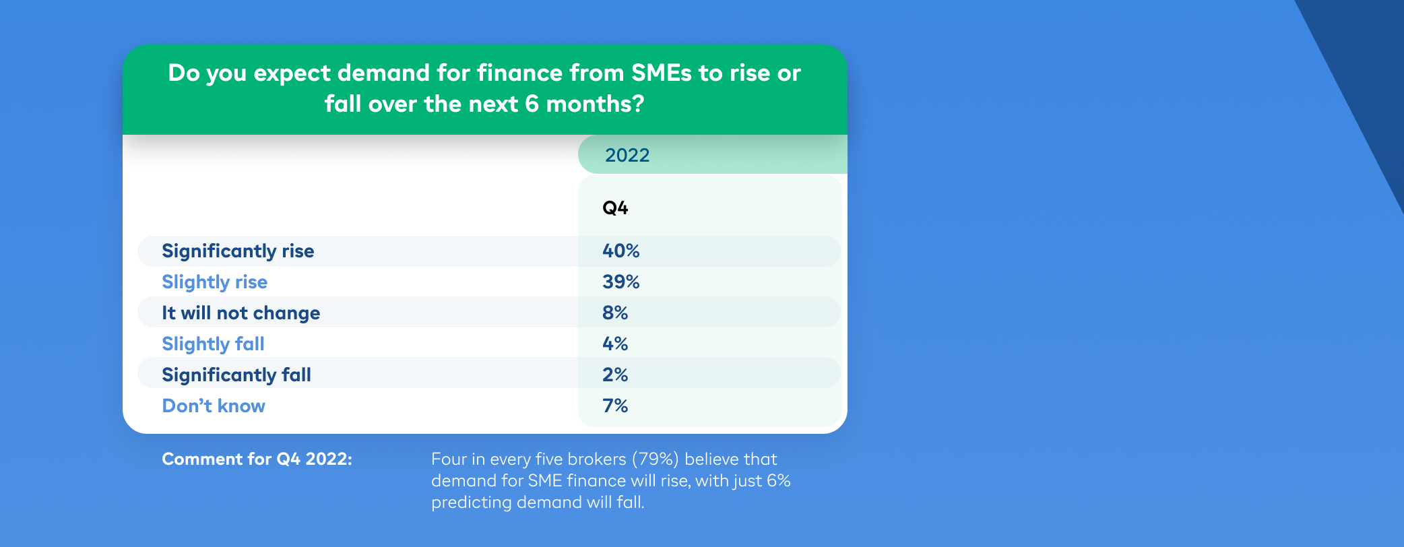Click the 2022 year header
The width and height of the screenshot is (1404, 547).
point(627,155)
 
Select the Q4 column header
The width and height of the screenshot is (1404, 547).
point(614,207)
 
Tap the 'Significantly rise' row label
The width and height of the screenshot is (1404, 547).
point(238,251)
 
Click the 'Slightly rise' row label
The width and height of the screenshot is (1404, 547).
point(214,282)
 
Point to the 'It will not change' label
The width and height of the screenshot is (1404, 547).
point(241,313)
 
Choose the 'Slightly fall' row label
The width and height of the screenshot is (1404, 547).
point(213,344)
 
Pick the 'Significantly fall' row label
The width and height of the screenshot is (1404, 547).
point(236,375)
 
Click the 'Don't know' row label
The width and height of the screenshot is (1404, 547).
point(214,406)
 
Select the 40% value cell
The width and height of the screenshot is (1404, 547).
point(620,251)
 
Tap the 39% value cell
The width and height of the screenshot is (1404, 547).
point(620,282)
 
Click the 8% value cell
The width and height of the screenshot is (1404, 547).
point(614,313)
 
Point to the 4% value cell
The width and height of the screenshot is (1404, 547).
point(614,344)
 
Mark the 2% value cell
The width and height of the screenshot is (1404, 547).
point(614,375)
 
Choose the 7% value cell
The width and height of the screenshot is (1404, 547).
point(614,406)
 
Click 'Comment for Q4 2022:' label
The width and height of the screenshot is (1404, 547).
point(257,459)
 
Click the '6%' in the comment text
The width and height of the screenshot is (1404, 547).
point(778,481)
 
